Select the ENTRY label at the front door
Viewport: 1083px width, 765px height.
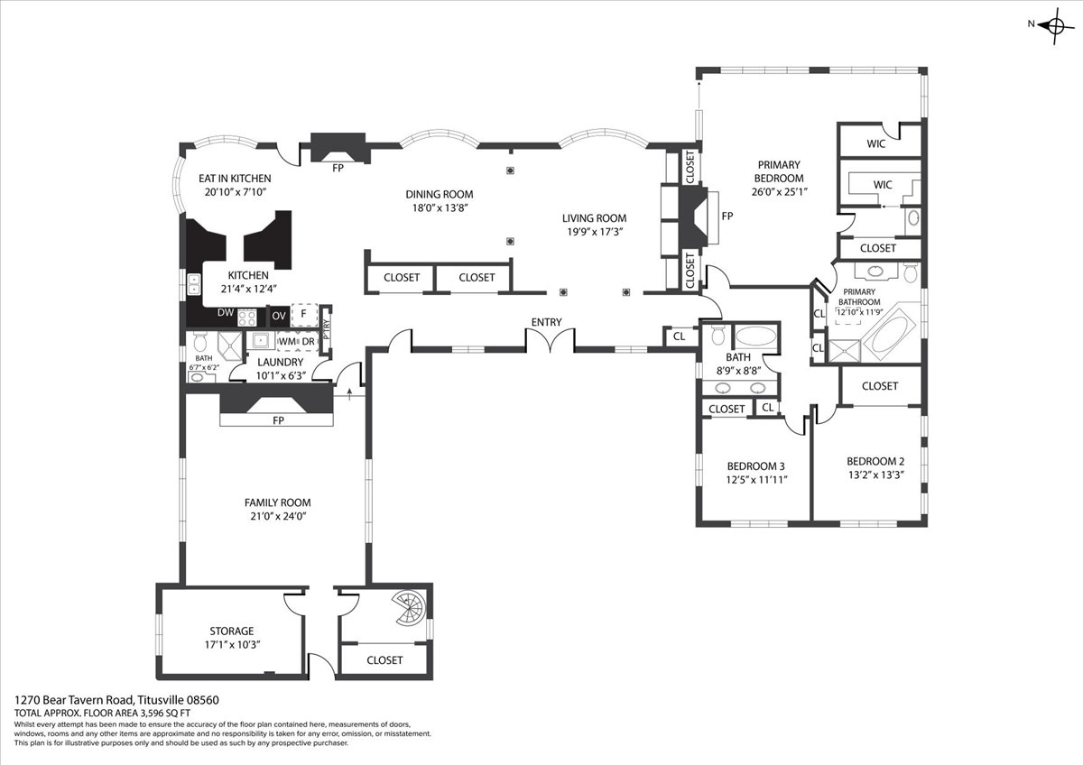pos(546,322)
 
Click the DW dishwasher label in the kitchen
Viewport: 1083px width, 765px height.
pos(226,313)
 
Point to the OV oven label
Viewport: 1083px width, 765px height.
pos(279,316)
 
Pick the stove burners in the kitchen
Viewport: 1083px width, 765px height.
pos(246,318)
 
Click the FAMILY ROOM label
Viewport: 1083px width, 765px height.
pos(278,502)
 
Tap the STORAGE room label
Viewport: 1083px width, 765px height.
pos(232,631)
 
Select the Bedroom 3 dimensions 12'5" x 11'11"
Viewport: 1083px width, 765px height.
pos(756,480)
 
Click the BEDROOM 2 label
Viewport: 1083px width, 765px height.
pos(875,462)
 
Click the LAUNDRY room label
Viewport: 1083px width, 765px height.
pos(281,363)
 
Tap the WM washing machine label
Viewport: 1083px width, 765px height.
pos(287,342)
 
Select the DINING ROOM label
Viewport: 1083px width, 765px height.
pos(439,194)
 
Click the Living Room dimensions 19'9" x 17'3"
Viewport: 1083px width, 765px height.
pos(594,232)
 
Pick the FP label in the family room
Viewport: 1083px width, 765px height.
pos(278,420)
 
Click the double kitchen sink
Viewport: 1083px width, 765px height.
pos(194,285)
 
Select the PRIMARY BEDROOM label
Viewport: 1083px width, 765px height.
pos(778,171)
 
